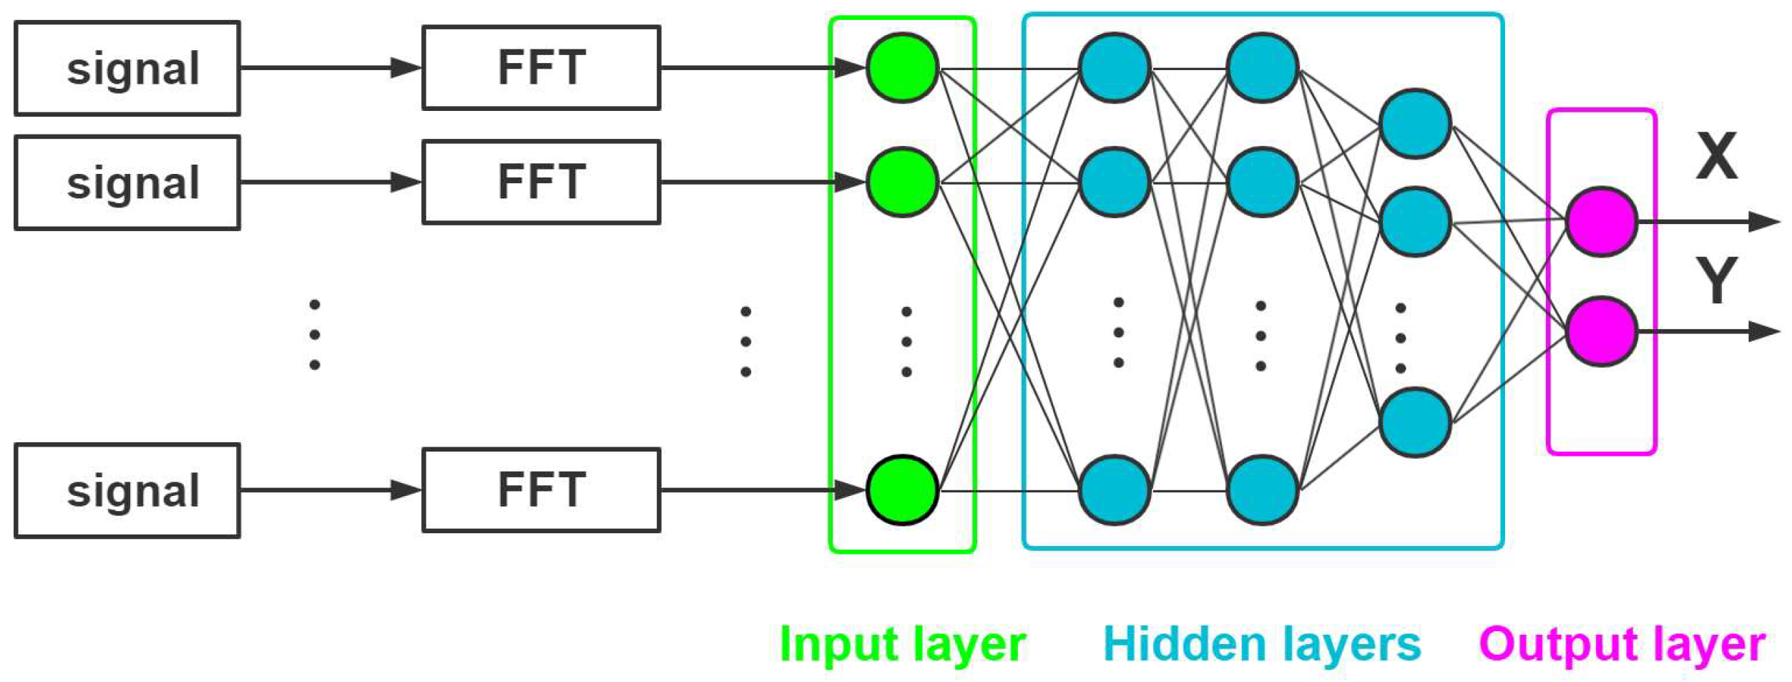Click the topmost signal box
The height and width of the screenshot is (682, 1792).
click(127, 68)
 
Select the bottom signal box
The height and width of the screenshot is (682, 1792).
click(127, 490)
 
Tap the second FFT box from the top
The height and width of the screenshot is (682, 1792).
click(541, 182)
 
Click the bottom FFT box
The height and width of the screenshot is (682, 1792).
click(541, 490)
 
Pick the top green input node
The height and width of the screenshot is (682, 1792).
click(902, 68)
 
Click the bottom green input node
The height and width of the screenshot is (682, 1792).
click(902, 490)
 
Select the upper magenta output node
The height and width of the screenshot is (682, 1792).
click(1601, 222)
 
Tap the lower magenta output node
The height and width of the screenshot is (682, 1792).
click(1601, 331)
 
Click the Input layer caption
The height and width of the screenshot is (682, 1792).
click(902, 644)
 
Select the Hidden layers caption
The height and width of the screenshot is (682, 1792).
click(1262, 644)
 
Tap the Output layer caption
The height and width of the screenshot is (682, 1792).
click(1622, 644)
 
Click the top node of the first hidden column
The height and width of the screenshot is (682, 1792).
click(1114, 68)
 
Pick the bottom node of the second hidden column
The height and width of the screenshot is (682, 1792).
click(1262, 490)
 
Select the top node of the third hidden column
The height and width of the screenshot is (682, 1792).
click(1414, 124)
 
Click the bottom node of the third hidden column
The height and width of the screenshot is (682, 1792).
click(1414, 422)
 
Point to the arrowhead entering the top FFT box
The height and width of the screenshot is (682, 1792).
click(406, 68)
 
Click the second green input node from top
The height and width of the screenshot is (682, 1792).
click(902, 182)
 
